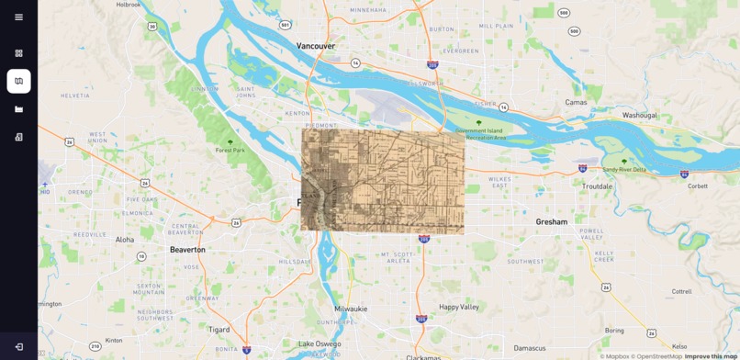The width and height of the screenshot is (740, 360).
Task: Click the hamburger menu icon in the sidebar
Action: tap(18, 17)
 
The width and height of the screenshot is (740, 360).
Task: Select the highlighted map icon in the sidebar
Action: tap(18, 81)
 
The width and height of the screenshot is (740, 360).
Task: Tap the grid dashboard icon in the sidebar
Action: tap(18, 53)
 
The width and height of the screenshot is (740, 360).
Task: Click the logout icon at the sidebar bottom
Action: tap(18, 346)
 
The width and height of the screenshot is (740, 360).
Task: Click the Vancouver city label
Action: tap(316, 46)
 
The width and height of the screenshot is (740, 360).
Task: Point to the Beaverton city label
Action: tap(187, 249)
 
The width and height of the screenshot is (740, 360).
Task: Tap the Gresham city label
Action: tap(552, 221)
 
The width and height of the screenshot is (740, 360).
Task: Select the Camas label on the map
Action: tap(576, 102)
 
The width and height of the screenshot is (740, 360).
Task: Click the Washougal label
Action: tap(640, 115)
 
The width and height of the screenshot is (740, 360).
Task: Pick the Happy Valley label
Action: tap(459, 307)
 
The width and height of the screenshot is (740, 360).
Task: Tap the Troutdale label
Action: tap(597, 186)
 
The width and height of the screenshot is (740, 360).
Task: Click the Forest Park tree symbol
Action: tap(230, 141)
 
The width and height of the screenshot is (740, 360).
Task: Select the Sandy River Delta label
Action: tap(624, 169)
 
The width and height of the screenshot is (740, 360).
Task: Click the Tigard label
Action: tap(219, 329)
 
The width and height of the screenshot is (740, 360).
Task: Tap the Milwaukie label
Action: tap(351, 309)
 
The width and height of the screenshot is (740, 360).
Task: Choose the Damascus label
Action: tap(530, 348)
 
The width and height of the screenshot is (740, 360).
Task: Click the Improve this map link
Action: tap(711, 356)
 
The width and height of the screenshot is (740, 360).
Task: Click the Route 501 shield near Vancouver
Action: tap(286, 25)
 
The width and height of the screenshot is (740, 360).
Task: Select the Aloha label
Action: tap(124, 240)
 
